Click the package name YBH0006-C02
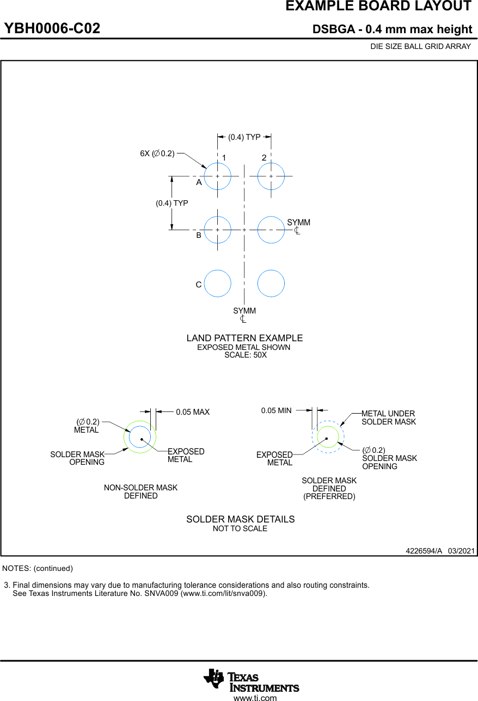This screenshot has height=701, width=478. click(x=52, y=29)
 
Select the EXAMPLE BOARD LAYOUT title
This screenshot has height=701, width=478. click(x=378, y=7)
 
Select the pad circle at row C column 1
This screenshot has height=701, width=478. click(x=217, y=283)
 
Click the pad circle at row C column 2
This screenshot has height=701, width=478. click(x=271, y=283)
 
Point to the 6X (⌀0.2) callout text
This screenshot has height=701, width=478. click(x=157, y=153)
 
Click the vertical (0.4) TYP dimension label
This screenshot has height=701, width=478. click(x=172, y=203)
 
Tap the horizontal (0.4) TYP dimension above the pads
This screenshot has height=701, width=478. click(x=244, y=137)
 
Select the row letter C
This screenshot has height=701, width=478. click(x=199, y=285)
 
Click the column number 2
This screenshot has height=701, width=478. click(x=264, y=158)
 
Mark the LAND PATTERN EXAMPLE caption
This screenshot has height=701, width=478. click(x=244, y=338)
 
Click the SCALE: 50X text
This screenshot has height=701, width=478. click(x=246, y=355)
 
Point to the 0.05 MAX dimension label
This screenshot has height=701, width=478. click(x=193, y=412)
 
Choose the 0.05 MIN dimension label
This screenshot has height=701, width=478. click(x=276, y=410)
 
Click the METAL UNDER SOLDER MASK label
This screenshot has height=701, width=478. click(x=388, y=417)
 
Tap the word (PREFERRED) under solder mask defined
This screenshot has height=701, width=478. click(x=329, y=496)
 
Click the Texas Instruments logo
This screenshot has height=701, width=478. click(x=251, y=680)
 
